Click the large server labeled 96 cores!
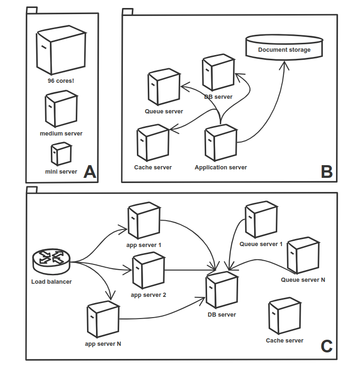click(61, 50)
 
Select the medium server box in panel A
click(61, 109)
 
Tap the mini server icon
click(61, 153)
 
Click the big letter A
click(90, 172)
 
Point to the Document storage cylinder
click(284, 47)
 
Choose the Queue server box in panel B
click(164, 87)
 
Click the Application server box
click(221, 143)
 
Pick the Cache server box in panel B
click(153, 143)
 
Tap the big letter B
click(327, 172)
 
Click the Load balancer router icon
click(51, 261)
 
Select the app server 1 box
click(144, 220)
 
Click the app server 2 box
click(149, 270)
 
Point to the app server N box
click(103, 319)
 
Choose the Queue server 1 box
click(261, 219)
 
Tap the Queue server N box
click(303, 255)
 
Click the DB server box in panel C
click(222, 290)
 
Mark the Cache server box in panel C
click(285, 316)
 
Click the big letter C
click(327, 346)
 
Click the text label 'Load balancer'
click(51, 282)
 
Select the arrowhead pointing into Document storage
click(284, 65)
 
